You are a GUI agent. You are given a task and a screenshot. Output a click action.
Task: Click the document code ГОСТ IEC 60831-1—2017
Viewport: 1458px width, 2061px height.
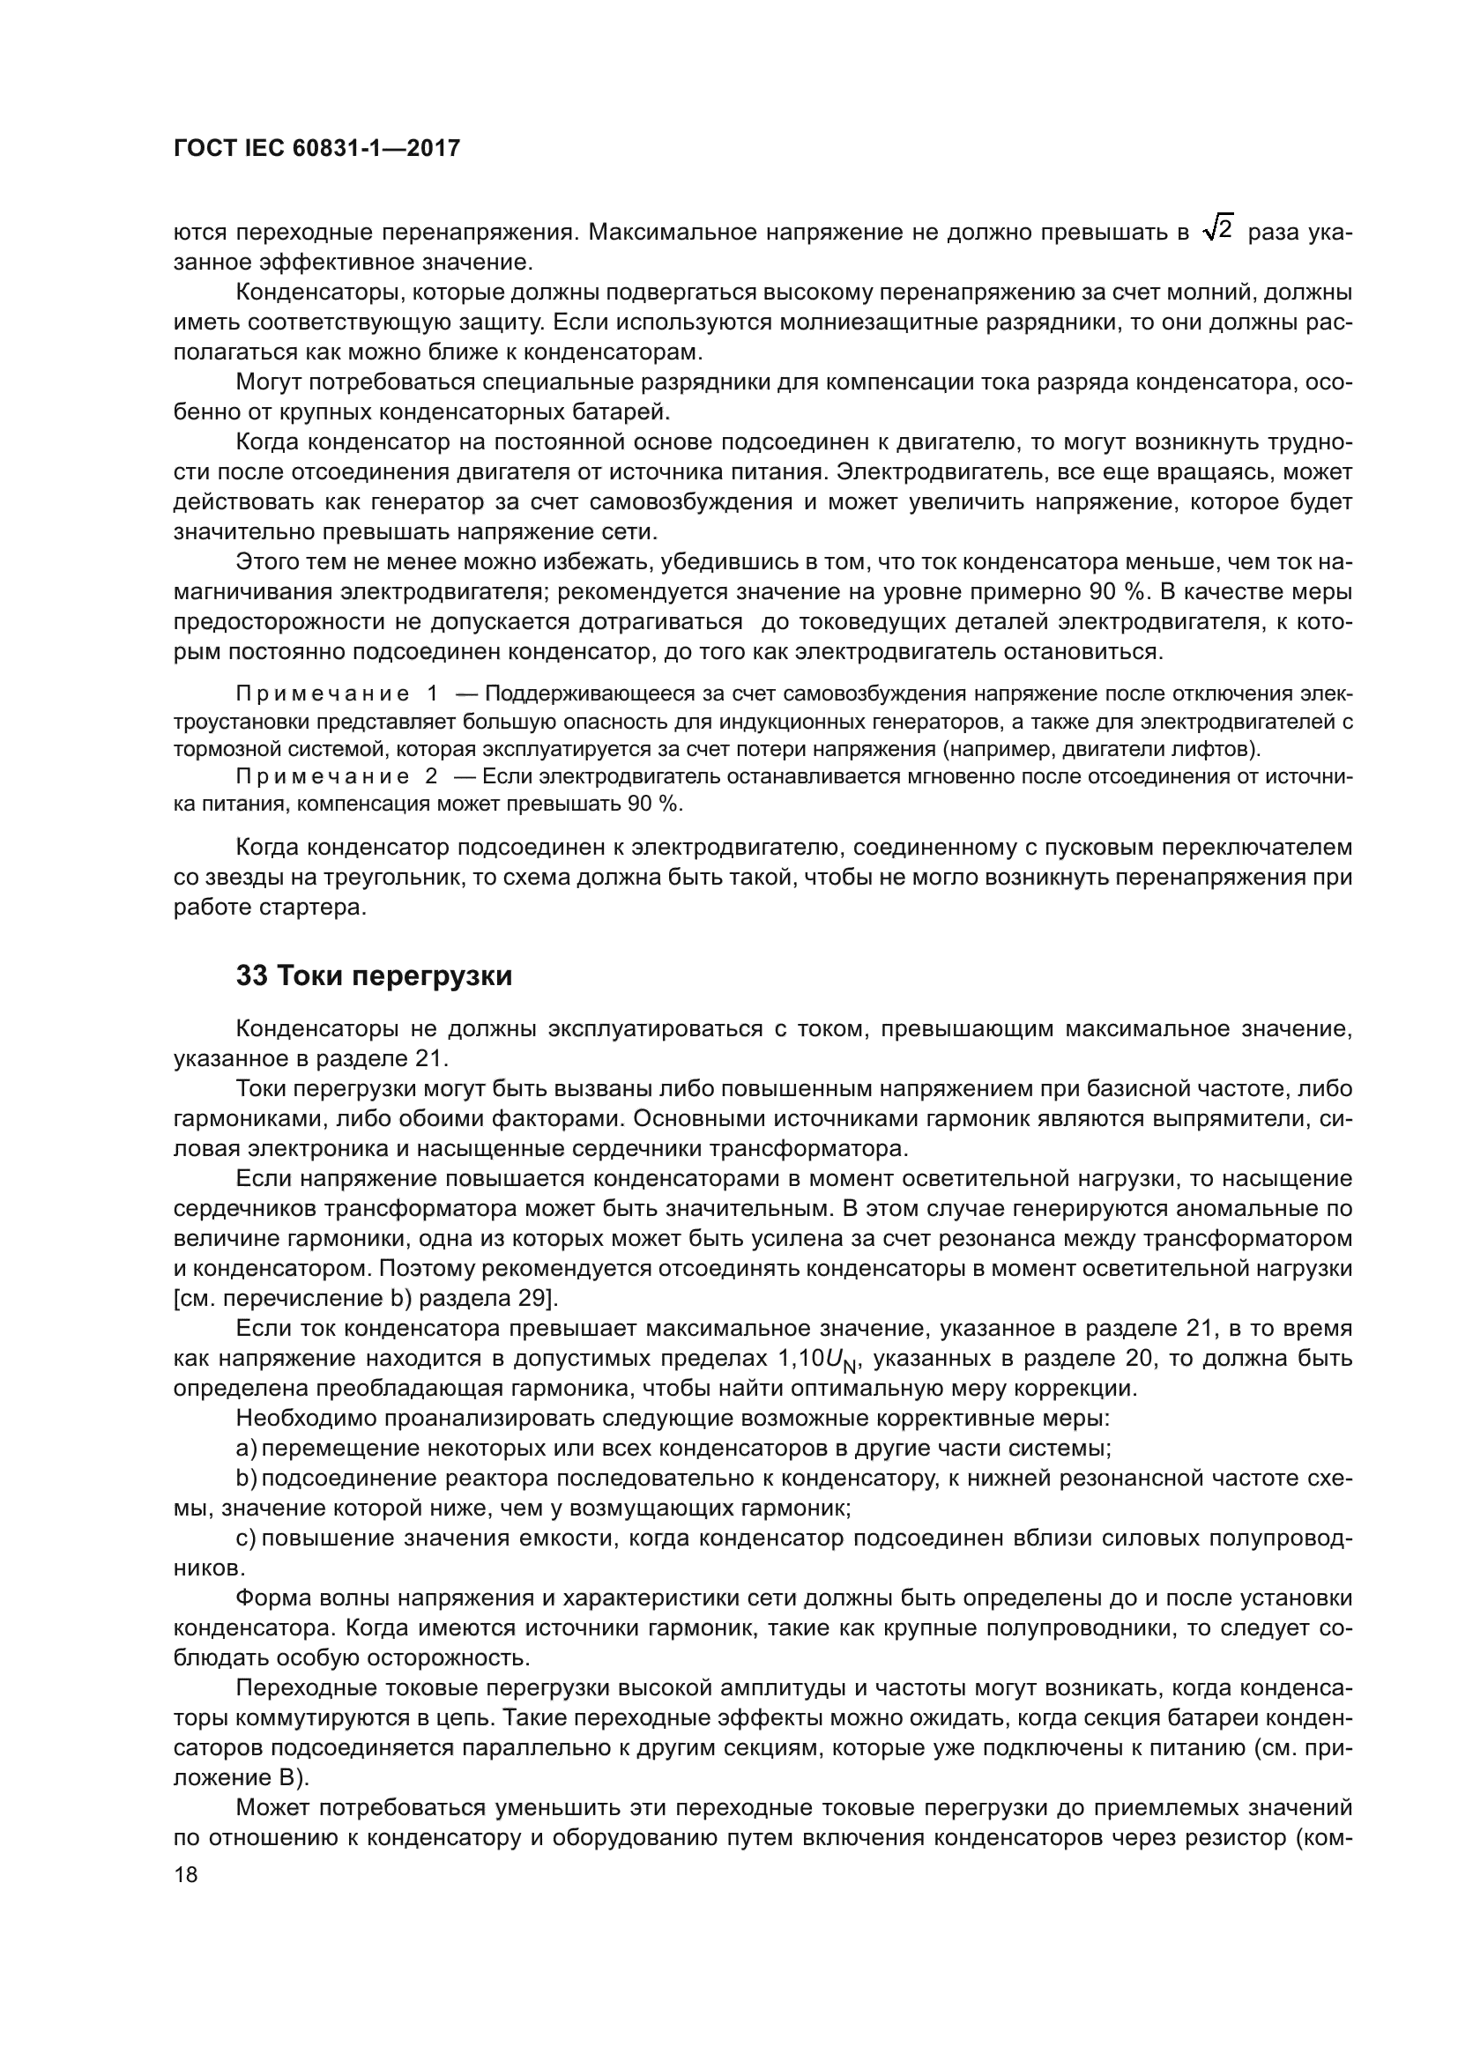pos(316,149)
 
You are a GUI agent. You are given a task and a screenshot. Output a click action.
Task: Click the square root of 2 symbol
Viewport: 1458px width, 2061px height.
pos(1217,231)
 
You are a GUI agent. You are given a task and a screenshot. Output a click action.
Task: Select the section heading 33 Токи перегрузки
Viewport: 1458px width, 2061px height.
pos(374,975)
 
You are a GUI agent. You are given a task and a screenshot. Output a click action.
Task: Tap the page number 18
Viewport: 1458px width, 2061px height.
pos(186,1875)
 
